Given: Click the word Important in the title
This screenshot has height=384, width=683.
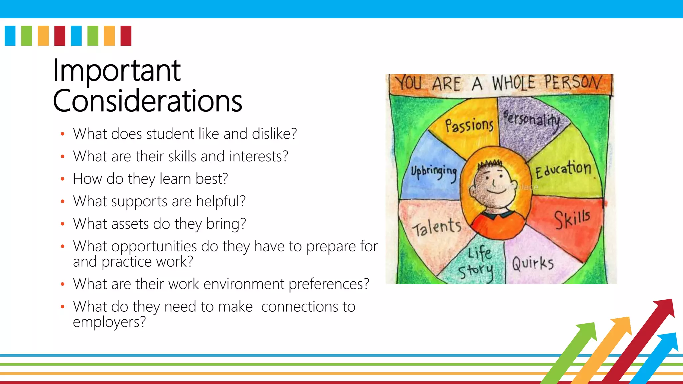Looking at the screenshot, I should pos(117,71).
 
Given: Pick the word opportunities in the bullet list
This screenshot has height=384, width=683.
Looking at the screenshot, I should pos(154,247).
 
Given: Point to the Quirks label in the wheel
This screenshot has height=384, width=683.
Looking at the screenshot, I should pos(533,263).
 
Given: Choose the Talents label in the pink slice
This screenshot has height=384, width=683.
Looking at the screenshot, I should pos(437,227).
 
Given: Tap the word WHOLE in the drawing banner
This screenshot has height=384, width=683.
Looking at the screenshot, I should pos(514,83).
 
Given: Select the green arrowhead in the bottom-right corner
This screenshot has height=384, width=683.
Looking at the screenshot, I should pos(588,330).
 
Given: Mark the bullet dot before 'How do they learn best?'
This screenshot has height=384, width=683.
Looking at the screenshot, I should pos(62,179).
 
